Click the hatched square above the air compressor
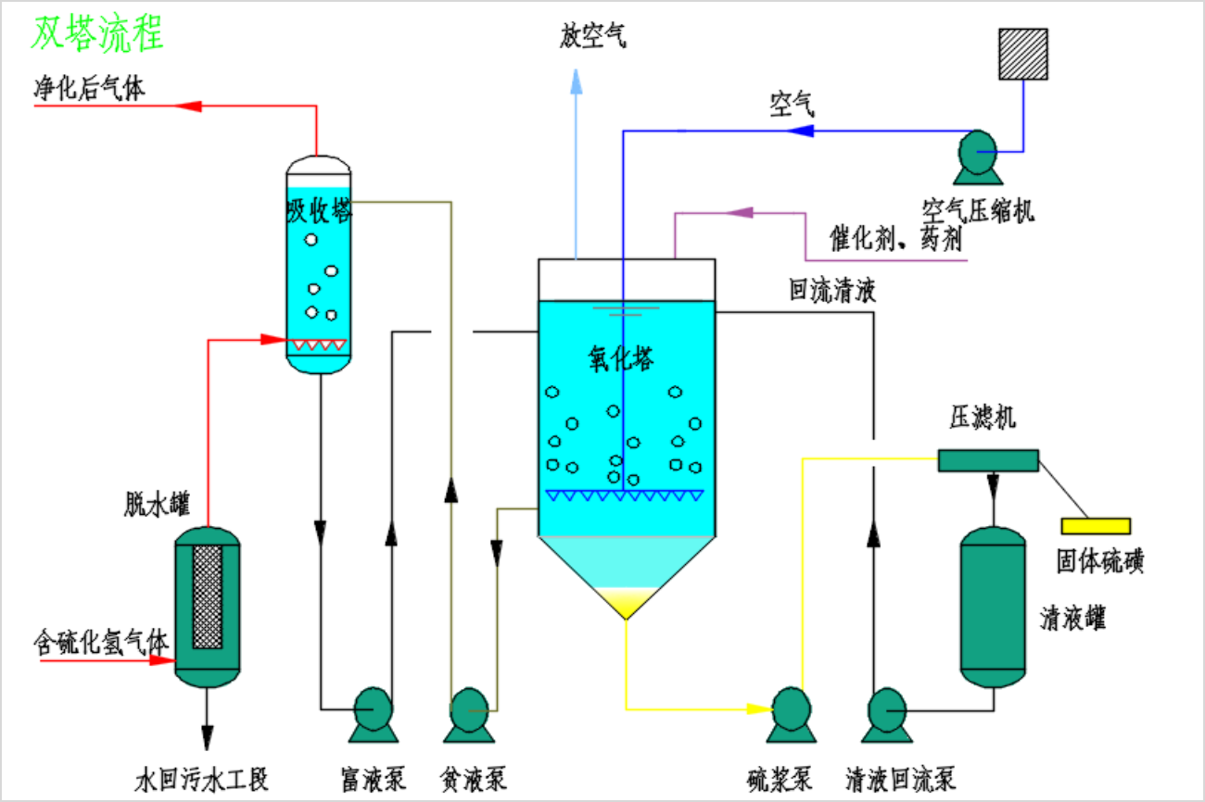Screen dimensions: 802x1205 [1023, 54]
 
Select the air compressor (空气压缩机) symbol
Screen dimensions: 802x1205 [978, 156]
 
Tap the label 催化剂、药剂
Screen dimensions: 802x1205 [895, 241]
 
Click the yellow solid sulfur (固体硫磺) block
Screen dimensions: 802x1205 [1096, 526]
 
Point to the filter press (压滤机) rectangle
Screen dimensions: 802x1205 [988, 460]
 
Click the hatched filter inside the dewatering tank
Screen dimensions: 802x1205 [208, 595]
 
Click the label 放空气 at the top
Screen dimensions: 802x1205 [594, 37]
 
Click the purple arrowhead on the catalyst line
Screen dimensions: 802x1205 [739, 213]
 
